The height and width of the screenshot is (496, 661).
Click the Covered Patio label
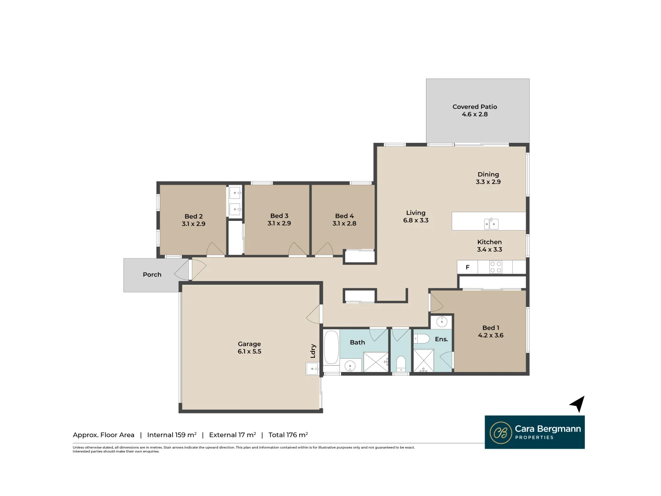pyautogui.click(x=475, y=107)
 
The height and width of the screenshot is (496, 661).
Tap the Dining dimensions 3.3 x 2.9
pyautogui.click(x=488, y=182)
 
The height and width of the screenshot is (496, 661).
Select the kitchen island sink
pyautogui.click(x=491, y=224)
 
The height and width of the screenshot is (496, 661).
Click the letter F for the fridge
pyautogui.click(x=468, y=267)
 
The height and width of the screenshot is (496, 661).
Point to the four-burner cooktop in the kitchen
pyautogui.click(x=495, y=267)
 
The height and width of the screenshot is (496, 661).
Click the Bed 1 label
pyautogui.click(x=491, y=328)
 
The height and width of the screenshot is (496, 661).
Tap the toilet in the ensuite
pyautogui.click(x=422, y=339)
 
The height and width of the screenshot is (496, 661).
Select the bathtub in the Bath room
pyautogui.click(x=331, y=348)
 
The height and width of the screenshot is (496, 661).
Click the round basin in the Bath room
pyautogui.click(x=350, y=366)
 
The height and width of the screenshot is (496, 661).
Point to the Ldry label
pyautogui.click(x=313, y=351)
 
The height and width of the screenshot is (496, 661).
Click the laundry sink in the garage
pyautogui.click(x=312, y=368)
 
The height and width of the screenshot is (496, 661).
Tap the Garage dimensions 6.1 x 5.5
pyautogui.click(x=249, y=352)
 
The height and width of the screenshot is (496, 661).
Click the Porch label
pyautogui.click(x=152, y=275)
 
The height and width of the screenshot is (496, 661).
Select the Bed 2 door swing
pyautogui.click(x=215, y=249)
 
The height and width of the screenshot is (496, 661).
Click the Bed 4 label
pyautogui.click(x=344, y=216)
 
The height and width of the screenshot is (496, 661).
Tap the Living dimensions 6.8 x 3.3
pyautogui.click(x=415, y=220)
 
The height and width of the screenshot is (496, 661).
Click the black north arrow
pyautogui.click(x=578, y=404)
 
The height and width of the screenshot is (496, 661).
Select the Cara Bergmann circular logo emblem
pyautogui.click(x=500, y=433)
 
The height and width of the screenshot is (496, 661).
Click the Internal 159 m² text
pyautogui.click(x=172, y=435)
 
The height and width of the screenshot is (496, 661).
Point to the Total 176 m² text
pyautogui.click(x=288, y=435)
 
